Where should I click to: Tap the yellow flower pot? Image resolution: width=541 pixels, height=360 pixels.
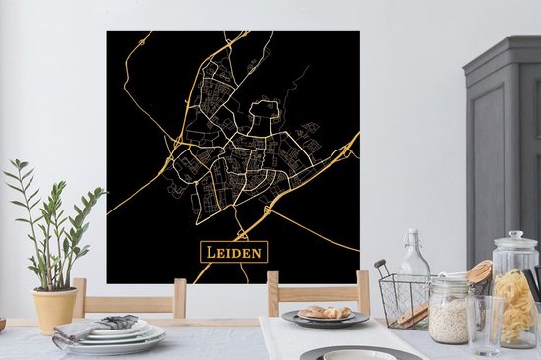(x=55, y=310)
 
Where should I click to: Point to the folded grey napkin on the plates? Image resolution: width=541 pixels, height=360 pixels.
(x=109, y=324)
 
